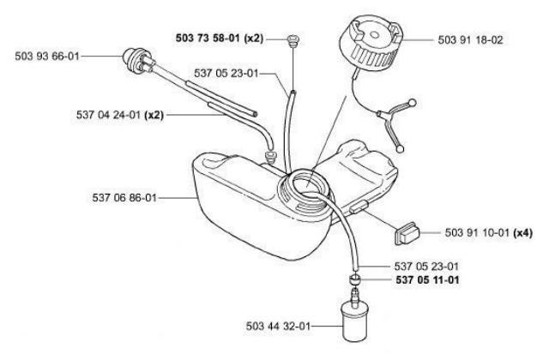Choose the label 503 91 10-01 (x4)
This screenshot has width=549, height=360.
pos(488,232)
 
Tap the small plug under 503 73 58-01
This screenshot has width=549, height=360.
pos(292,39)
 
